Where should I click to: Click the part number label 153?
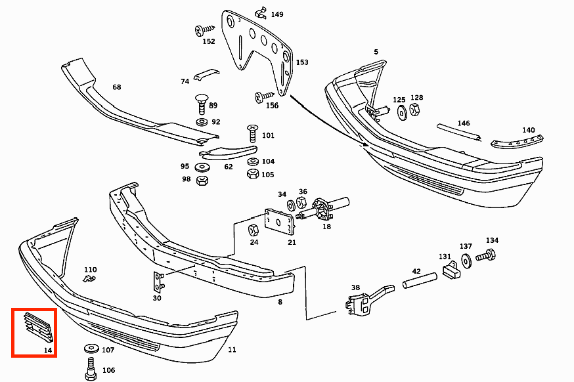click(302, 62)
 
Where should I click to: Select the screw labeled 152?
click(204, 30)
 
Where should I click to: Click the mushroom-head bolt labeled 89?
click(200, 104)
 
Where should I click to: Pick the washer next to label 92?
click(201, 122)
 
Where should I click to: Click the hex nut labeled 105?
click(252, 174)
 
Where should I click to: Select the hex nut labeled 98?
click(203, 179)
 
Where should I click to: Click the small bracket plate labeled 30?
click(158, 282)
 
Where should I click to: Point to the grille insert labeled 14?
click(37, 328)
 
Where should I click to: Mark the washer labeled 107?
click(89, 350)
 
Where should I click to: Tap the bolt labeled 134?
click(485, 255)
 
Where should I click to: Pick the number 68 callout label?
click(117, 87)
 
